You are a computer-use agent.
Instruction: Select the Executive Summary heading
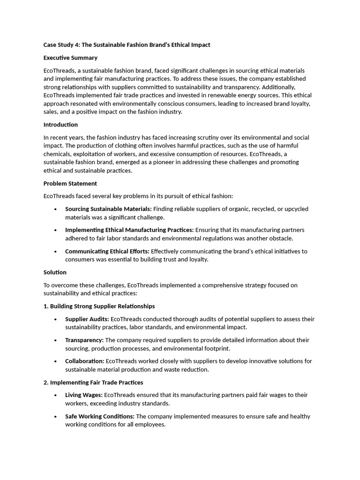(70, 58)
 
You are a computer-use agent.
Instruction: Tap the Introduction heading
(60, 125)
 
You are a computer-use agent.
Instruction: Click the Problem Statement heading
(70, 183)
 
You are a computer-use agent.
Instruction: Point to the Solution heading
(55, 272)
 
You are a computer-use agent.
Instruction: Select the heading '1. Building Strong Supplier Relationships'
(99, 306)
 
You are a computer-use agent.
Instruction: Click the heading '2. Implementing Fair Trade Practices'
(93, 382)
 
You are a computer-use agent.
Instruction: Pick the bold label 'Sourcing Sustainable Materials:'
(108, 209)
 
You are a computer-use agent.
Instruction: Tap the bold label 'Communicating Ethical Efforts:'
(107, 251)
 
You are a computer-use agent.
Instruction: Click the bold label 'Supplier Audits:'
(87, 319)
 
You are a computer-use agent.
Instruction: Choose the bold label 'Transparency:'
(84, 340)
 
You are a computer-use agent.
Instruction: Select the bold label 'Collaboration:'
(85, 361)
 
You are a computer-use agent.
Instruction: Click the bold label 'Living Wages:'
(83, 395)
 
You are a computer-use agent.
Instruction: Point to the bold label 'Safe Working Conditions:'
(100, 417)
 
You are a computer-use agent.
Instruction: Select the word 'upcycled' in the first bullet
(296, 209)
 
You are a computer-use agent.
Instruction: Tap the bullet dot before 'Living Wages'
(56, 396)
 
